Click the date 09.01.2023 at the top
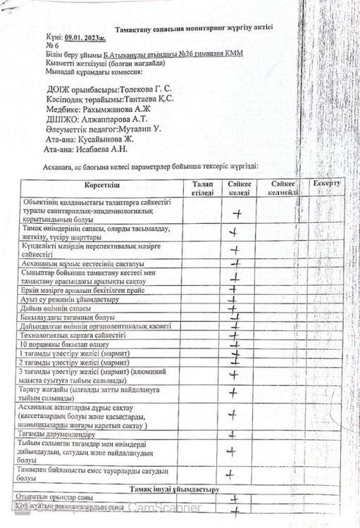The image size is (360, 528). [x=84, y=34]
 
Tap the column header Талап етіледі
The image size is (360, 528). [x=201, y=187]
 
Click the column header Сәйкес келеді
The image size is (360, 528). [x=239, y=187]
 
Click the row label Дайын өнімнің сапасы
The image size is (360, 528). [x=63, y=308]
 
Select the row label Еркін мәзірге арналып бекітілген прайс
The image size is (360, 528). [x=82, y=290]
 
